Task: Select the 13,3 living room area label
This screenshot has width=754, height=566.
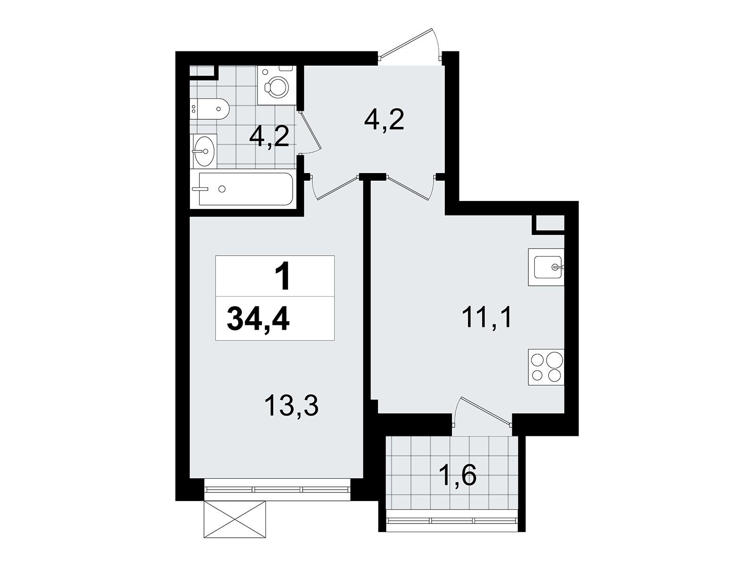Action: tap(292, 406)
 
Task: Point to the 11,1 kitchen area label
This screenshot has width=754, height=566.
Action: tap(487, 318)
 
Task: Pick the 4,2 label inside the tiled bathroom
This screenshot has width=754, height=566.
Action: tap(269, 137)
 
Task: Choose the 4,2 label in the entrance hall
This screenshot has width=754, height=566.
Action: tap(384, 120)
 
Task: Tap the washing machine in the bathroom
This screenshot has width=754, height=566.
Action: tap(277, 85)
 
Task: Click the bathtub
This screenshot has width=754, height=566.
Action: tap(246, 189)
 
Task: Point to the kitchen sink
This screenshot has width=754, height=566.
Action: tap(546, 267)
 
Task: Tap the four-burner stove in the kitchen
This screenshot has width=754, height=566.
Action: tap(546, 367)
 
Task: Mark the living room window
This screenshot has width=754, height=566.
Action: tap(277, 490)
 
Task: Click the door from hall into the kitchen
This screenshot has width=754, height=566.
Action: tap(410, 187)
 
